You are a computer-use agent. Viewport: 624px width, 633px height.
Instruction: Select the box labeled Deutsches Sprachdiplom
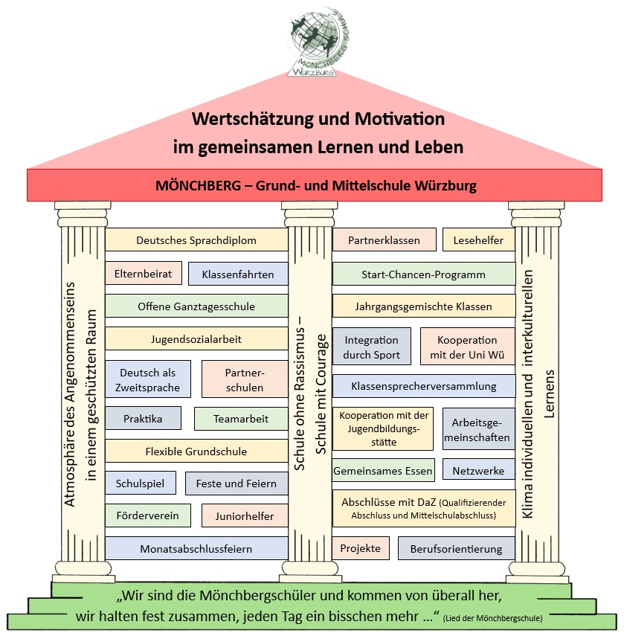point(196,240)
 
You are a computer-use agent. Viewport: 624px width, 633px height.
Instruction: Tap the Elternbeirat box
point(143,274)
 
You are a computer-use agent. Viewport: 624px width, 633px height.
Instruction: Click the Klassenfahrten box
point(238,274)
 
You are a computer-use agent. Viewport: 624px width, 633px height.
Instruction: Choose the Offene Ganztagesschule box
point(196,306)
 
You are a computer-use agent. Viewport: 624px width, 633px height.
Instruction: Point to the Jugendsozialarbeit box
point(196,339)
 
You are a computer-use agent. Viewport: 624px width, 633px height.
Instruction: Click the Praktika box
point(143,419)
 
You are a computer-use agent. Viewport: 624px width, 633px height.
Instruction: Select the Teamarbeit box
point(241,419)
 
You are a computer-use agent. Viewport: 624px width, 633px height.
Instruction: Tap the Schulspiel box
point(141,483)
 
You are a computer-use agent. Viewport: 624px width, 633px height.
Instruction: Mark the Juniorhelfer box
point(245,516)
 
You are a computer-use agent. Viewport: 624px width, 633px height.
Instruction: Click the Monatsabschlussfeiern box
point(196,549)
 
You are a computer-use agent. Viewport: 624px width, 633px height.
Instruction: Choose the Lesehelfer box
point(478,240)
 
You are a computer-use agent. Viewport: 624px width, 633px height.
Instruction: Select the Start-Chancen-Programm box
point(423,274)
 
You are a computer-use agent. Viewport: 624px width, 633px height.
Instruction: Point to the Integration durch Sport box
point(371,347)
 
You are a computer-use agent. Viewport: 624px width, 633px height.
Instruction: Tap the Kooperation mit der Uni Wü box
point(467,347)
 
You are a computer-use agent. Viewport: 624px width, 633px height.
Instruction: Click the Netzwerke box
point(478,470)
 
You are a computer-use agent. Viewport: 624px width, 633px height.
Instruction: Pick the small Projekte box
point(360,548)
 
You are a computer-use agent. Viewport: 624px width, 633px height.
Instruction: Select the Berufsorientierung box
point(457,549)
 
